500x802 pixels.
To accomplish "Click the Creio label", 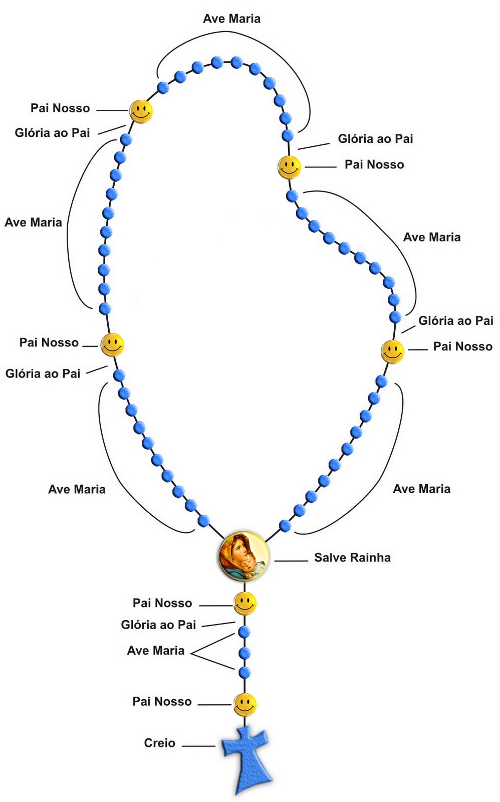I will [159, 743].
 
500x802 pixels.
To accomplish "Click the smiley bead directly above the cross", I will [245, 705].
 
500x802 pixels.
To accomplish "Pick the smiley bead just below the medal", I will [245, 604].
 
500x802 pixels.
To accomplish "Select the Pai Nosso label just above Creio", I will [162, 701].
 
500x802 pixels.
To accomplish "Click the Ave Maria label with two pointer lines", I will [156, 651].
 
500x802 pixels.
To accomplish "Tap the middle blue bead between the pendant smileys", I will [244, 653].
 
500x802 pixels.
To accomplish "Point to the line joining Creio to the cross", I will [198, 746].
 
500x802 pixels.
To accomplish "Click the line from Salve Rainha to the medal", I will [291, 560].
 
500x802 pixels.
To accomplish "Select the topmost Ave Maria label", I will [231, 19].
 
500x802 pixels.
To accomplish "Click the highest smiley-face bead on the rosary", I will [141, 111].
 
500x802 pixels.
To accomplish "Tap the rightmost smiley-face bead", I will [393, 351].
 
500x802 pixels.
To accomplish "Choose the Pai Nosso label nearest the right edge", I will [462, 346].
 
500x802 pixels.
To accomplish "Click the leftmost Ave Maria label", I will [33, 222].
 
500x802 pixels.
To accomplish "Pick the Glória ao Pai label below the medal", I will [158, 625].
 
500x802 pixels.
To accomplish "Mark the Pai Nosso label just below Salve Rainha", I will [162, 603].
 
